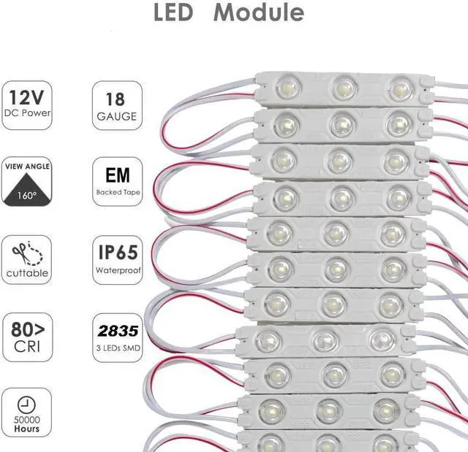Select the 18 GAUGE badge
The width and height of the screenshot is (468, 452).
coord(117,105)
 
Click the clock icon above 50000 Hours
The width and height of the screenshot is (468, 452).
coord(26,402)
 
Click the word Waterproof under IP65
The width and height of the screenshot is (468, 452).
coord(117,270)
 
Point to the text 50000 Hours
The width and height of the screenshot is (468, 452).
coord(26,423)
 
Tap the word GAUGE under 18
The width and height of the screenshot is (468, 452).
coord(117,116)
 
